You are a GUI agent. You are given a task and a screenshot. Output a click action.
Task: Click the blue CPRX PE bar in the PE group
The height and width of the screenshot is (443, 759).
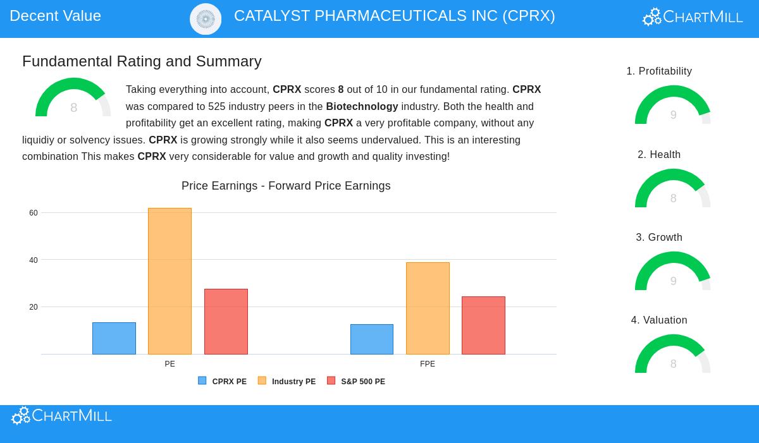coord(114,338)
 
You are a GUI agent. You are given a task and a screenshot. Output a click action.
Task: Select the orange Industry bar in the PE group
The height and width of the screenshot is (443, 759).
coord(170,281)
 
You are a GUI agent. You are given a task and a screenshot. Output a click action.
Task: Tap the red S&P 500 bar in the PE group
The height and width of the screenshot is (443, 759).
coord(226,322)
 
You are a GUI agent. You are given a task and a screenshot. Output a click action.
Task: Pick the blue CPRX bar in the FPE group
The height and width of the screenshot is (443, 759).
coord(372,339)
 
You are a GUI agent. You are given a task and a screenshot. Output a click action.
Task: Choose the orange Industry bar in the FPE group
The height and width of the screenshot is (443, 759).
coord(428,308)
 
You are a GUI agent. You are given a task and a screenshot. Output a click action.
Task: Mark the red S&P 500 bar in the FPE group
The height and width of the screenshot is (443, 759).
coord(483,325)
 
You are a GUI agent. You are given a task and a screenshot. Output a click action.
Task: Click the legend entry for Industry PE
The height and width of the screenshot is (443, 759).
coord(287,382)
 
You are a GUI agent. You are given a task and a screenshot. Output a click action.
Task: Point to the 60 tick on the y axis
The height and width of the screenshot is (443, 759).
coord(34,213)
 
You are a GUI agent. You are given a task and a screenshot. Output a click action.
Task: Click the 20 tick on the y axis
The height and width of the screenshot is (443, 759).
coord(34,307)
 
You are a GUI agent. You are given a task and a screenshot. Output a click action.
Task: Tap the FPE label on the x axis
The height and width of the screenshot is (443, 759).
coord(428,364)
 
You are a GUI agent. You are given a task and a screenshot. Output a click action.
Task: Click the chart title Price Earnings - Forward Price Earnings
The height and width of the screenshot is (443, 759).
coord(286,186)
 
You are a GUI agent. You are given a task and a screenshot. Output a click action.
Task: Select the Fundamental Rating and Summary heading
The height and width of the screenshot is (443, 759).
coord(142,61)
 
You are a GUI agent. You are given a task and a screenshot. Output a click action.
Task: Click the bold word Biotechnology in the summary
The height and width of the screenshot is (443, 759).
coord(362,106)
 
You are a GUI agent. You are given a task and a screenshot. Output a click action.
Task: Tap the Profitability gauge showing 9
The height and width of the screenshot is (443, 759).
coord(673,106)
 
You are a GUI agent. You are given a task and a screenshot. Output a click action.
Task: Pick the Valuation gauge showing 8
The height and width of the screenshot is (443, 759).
coord(673,355)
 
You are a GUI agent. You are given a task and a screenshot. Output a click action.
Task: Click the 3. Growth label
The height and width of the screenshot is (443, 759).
coord(659,238)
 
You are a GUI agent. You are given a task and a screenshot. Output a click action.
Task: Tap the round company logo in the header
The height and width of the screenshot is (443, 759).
coord(206,19)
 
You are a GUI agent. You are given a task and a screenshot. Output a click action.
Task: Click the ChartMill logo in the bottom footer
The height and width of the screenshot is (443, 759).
coord(62,416)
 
